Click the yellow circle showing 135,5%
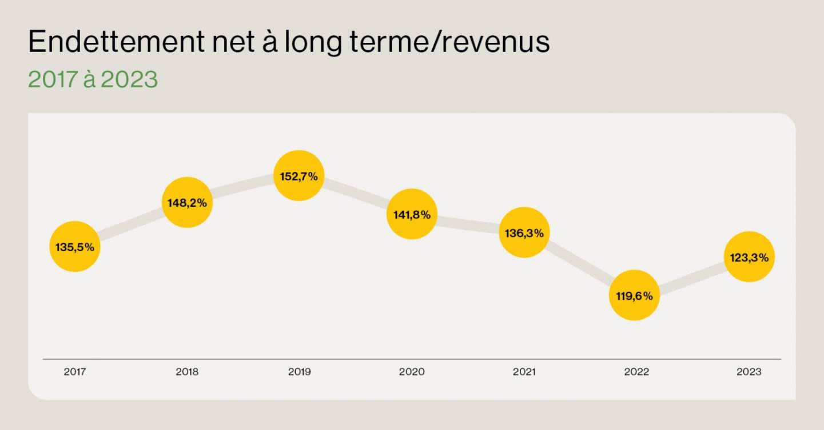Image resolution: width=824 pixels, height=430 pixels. pyautogui.click(x=75, y=247)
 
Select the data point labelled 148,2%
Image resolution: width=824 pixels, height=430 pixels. pyautogui.click(x=187, y=202)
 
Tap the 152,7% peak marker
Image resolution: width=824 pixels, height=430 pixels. pyautogui.click(x=298, y=176)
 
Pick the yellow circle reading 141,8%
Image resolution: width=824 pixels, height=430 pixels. pyautogui.click(x=412, y=214)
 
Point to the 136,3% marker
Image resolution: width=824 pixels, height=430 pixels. pyautogui.click(x=524, y=232)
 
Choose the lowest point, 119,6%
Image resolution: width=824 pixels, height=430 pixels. pyautogui.click(x=634, y=295)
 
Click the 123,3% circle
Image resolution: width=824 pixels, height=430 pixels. pyautogui.click(x=749, y=257)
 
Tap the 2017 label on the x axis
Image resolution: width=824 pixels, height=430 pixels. pyautogui.click(x=75, y=372)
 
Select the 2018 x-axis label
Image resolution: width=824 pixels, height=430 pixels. pyautogui.click(x=187, y=372)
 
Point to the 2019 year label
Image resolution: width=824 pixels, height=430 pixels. pyautogui.click(x=299, y=372)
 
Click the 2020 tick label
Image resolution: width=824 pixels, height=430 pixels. pyautogui.click(x=412, y=372)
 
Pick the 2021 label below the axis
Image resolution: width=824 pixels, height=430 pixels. pyautogui.click(x=524, y=372)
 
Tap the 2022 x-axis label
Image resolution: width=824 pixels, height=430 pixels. pyautogui.click(x=636, y=372)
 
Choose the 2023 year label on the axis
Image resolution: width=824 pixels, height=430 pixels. pyautogui.click(x=749, y=372)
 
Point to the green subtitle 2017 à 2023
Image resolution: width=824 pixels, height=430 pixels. pyautogui.click(x=93, y=80)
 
